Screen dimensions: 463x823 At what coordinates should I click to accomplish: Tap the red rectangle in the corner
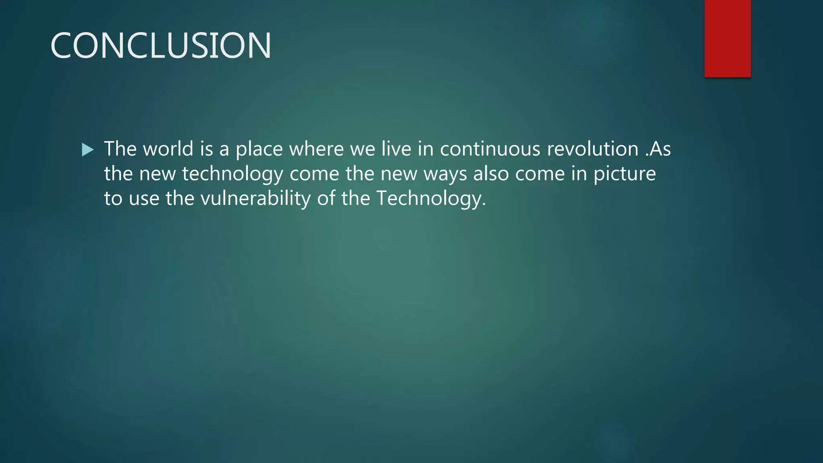[x=727, y=39]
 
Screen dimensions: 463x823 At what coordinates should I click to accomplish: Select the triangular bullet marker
[x=87, y=150]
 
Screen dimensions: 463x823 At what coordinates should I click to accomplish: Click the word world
[x=168, y=149]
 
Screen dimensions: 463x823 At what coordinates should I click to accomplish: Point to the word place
[x=259, y=150]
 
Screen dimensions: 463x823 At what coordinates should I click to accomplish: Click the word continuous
[x=490, y=149]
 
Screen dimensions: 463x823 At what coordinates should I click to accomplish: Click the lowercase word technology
[x=233, y=174]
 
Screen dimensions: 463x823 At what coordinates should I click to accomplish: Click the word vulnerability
[x=255, y=199]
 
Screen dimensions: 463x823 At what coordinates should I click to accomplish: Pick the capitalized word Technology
[x=431, y=199]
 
